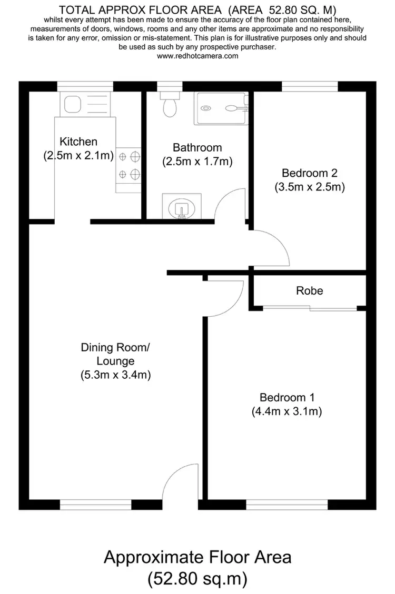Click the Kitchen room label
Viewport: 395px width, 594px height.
78,142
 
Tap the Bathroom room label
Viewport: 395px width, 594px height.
197,148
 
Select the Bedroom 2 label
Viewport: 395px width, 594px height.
309,173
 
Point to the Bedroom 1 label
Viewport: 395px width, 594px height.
287,398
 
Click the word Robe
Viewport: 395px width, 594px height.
309,290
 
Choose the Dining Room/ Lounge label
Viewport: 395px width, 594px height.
115,354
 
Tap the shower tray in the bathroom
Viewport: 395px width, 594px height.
221,108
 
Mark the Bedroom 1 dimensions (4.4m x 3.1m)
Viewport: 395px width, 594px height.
287,411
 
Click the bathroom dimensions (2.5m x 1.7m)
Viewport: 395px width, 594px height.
197,162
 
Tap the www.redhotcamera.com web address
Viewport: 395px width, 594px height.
197,55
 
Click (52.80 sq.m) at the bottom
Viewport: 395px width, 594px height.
197,579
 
